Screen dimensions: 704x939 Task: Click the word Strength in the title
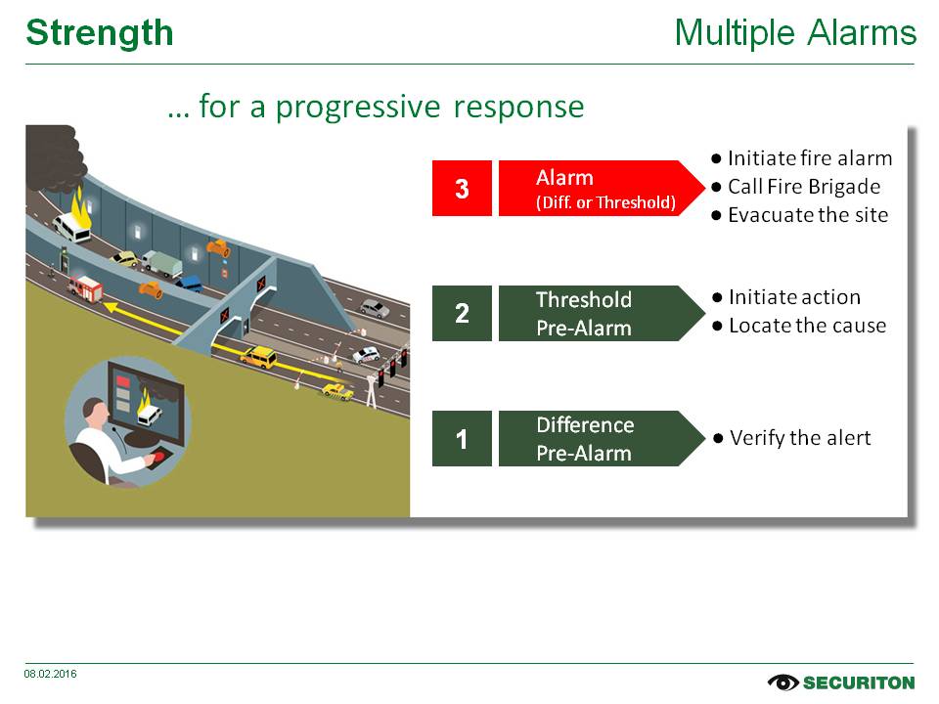(x=100, y=33)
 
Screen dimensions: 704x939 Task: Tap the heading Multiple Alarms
(x=795, y=33)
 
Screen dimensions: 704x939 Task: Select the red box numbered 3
(x=462, y=188)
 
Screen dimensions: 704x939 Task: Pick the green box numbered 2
(x=462, y=313)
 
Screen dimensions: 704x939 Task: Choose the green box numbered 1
(x=462, y=439)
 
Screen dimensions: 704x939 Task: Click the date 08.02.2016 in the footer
(x=51, y=674)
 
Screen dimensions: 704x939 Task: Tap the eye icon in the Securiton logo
(x=783, y=682)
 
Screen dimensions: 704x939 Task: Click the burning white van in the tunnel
(x=72, y=227)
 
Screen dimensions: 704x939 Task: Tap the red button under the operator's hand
(x=159, y=457)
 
